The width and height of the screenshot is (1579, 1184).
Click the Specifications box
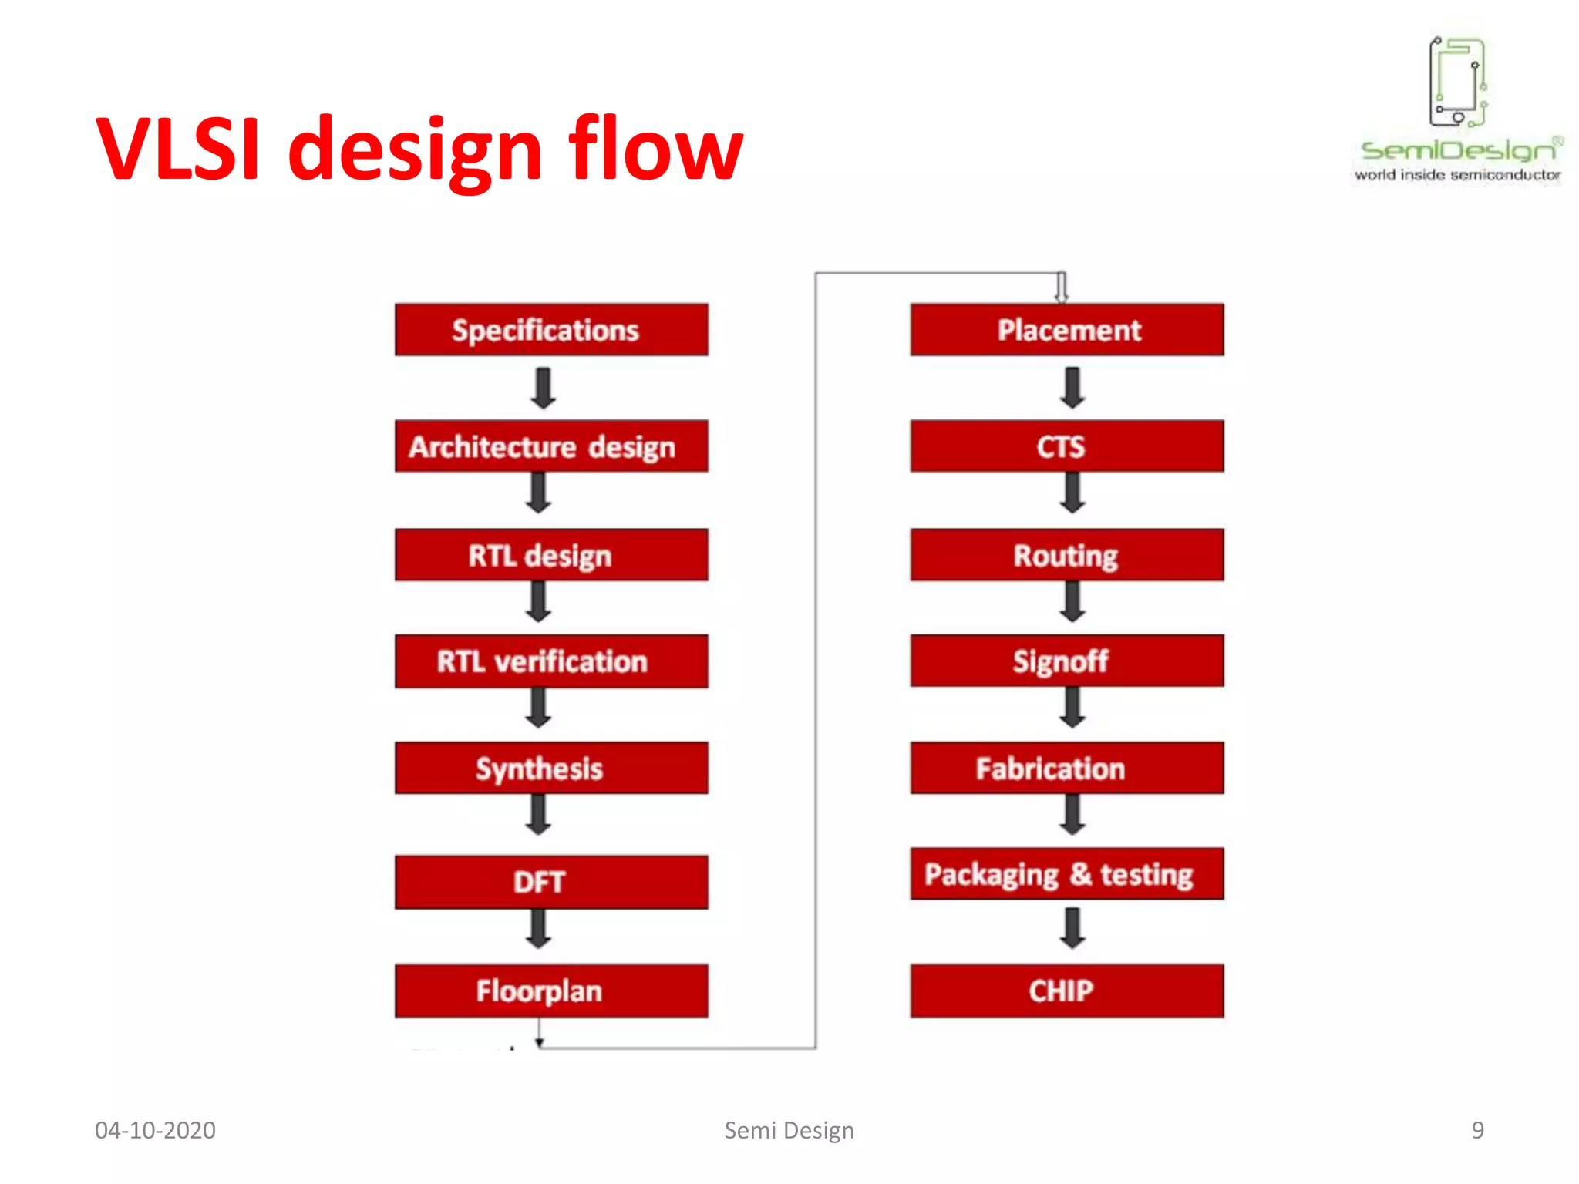550,330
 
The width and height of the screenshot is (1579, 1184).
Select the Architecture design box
550,446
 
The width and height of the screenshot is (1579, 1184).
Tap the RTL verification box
550,661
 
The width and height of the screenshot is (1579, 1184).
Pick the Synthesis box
550,768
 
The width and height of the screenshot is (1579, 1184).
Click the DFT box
550,882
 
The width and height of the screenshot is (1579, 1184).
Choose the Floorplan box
550,991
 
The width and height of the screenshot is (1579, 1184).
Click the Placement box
1066,330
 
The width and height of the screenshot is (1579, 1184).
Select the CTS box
1066,446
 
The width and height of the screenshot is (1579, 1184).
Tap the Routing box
1066,555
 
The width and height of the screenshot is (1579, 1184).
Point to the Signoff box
1066,661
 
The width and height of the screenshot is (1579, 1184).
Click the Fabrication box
1066,768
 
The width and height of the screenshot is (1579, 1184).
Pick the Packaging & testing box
1066,874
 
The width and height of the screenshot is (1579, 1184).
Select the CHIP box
1066,991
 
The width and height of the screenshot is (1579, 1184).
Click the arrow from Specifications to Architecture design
544,388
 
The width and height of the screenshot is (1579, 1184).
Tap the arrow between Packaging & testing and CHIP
1072,928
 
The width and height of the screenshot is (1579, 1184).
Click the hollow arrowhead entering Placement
1062,289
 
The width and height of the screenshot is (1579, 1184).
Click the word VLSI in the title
179,148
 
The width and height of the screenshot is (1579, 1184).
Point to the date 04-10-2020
155,1130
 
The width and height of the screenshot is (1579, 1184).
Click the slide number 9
1477,1130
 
